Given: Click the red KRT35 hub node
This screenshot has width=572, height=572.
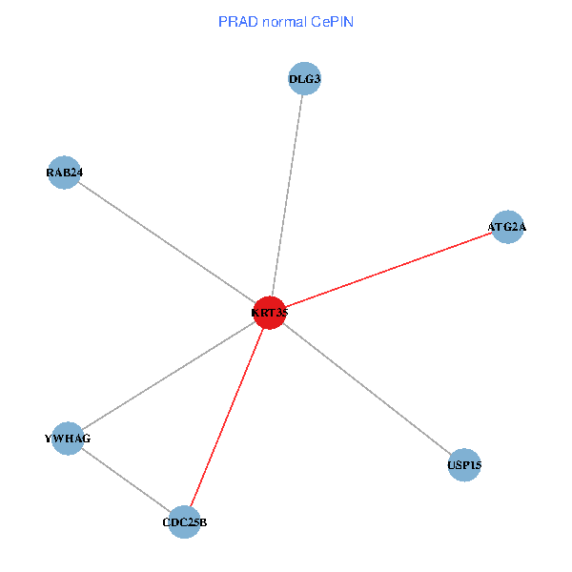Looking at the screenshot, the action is pyautogui.click(x=271, y=313).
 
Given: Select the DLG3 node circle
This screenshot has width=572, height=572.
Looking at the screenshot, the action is pyautogui.click(x=304, y=78).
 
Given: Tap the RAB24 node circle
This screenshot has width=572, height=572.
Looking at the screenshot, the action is pyautogui.click(x=64, y=173).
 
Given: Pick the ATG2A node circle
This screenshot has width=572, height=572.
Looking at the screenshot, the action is pyautogui.click(x=507, y=227).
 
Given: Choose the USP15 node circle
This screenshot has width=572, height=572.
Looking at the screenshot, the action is pyautogui.click(x=464, y=465).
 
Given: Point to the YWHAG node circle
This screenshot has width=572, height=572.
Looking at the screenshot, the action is pyautogui.click(x=67, y=439).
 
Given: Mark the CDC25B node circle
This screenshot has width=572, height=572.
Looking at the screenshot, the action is pyautogui.click(x=184, y=522).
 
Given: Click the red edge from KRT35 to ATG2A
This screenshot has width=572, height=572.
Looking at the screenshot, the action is pyautogui.click(x=389, y=270).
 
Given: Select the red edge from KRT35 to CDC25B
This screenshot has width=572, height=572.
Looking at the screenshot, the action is pyautogui.click(x=227, y=418).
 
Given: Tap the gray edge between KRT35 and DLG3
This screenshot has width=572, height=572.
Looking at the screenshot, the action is pyautogui.click(x=288, y=195).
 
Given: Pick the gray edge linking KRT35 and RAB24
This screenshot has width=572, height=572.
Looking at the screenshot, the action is pyautogui.click(x=167, y=242).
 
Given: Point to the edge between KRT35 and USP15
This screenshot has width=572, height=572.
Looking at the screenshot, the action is pyautogui.click(x=367, y=389).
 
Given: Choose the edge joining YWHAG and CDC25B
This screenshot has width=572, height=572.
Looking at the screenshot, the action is pyautogui.click(x=125, y=480).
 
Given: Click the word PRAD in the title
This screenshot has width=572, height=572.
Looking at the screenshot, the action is pyautogui.click(x=235, y=21).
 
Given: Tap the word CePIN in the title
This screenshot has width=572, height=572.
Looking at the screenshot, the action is pyautogui.click(x=332, y=21).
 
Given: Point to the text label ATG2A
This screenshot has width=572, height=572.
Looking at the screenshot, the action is pyautogui.click(x=507, y=227).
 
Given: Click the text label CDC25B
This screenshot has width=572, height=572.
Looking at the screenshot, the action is pyautogui.click(x=184, y=522).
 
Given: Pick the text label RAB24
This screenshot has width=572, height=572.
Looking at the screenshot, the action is pyautogui.click(x=64, y=173).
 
